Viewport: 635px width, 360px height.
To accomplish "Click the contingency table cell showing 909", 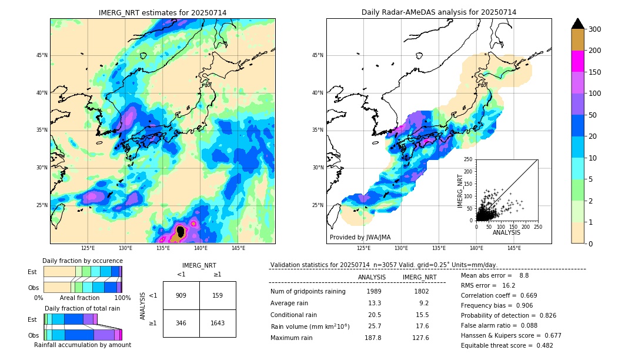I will [181, 295].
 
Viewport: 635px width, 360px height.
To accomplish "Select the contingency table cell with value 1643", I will [218, 323].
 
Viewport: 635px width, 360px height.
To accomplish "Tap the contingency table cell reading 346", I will [181, 323].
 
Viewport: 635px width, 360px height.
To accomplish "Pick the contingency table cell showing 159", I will [218, 295].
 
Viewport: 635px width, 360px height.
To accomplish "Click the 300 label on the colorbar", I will [594, 29].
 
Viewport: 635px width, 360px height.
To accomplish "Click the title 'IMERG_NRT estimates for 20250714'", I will [162, 13].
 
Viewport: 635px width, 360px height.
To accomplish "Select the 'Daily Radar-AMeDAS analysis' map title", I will [439, 13].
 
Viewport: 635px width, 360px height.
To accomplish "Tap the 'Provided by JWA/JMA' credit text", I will [360, 237].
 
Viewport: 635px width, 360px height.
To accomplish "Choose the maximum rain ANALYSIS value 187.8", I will [373, 338].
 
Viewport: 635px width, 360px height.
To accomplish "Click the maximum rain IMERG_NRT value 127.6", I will [421, 338].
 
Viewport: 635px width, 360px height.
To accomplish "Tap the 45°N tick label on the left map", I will [42, 55].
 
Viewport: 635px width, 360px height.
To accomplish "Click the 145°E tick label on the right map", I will [514, 249].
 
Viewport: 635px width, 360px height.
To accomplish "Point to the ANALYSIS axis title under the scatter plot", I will [506, 232].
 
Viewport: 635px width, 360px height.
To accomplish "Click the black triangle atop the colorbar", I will [577, 24].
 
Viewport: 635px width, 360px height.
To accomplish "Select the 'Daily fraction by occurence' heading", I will [82, 261].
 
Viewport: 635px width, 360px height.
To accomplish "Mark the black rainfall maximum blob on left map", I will [181, 232].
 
